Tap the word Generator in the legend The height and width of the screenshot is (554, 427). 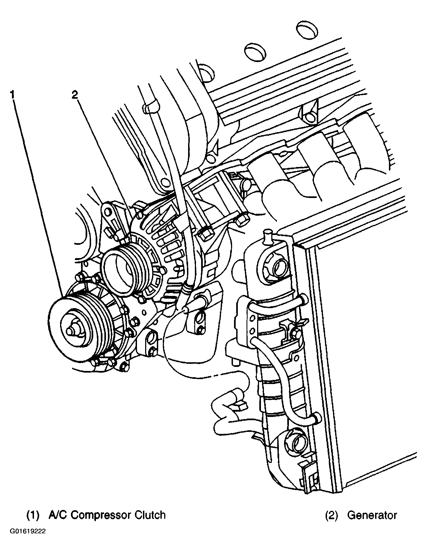[372, 515]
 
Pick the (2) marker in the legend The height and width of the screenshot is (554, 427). [331, 515]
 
